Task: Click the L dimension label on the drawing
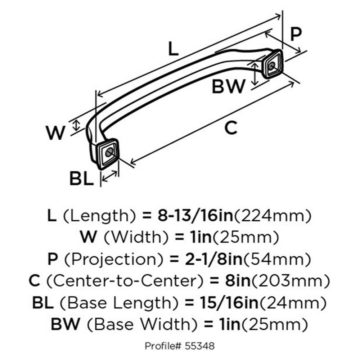coord(174,49)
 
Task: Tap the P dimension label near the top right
coord(296,34)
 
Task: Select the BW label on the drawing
coord(228,86)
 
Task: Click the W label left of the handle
coord(55,133)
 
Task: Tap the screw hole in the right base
coord(271,66)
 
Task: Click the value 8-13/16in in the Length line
coord(195,215)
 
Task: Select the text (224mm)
coord(272,216)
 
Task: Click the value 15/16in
coord(229,302)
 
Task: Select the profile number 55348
coord(200,346)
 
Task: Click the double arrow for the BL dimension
coord(110,176)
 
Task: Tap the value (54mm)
coord(278,259)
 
